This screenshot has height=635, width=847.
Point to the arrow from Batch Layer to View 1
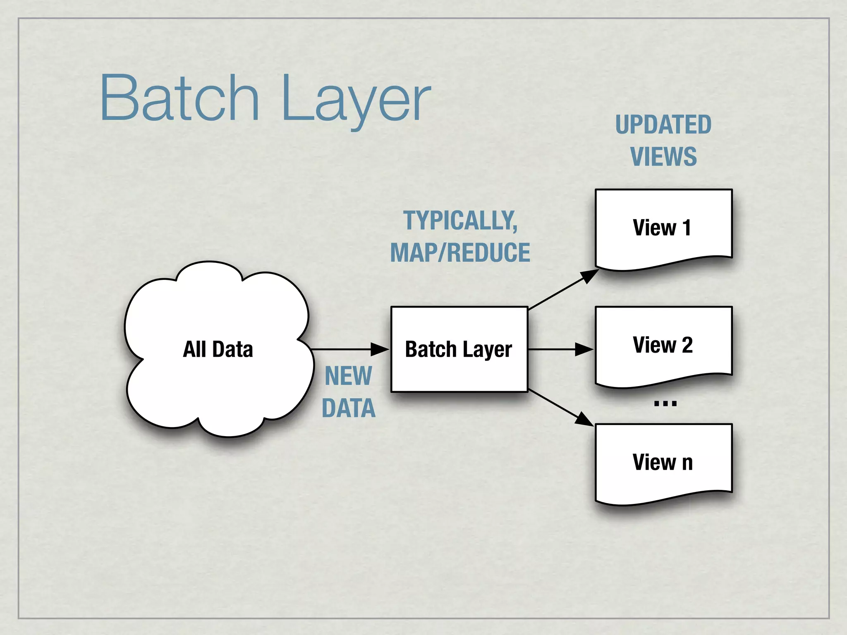(x=562, y=290)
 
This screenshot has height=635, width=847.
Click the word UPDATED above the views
(x=663, y=125)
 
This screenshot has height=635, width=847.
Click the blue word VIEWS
(x=663, y=157)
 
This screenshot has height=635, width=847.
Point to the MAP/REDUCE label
(x=460, y=253)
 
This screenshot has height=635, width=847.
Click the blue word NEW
(x=348, y=376)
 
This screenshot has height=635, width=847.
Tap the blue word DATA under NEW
(x=348, y=408)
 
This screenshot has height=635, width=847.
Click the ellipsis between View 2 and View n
(x=665, y=403)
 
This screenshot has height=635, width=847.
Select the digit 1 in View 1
(x=687, y=228)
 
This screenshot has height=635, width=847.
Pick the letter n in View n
(x=687, y=463)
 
